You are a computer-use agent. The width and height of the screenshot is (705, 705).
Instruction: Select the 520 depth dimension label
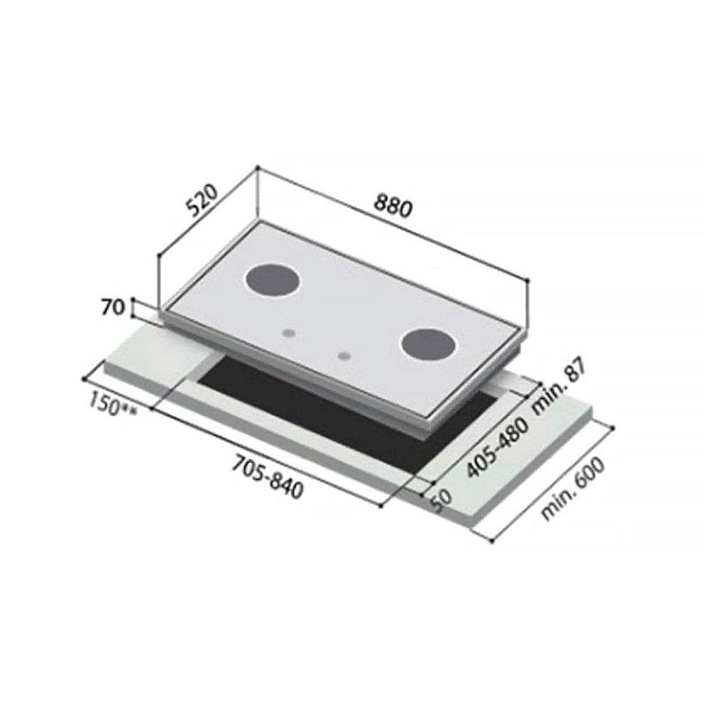(x=204, y=200)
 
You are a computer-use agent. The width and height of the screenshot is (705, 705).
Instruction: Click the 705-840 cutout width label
(x=267, y=477)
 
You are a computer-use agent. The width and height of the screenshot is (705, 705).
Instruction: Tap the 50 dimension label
(x=441, y=500)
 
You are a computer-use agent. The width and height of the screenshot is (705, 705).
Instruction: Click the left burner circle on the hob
(x=272, y=281)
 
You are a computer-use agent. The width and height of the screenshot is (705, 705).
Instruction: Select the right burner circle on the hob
(x=428, y=345)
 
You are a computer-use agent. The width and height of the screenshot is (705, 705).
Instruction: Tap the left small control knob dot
(x=288, y=331)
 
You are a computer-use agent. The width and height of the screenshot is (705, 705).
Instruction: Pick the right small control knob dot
(x=343, y=356)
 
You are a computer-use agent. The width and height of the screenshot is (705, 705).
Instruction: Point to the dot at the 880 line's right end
(x=528, y=281)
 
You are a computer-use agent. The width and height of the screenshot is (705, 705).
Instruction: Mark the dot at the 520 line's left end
(x=159, y=257)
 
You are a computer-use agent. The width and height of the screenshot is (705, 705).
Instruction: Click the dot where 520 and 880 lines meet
(x=258, y=168)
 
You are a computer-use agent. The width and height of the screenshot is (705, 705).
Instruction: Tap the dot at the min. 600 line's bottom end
(x=491, y=541)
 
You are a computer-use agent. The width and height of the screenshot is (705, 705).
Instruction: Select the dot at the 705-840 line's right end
(x=381, y=505)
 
